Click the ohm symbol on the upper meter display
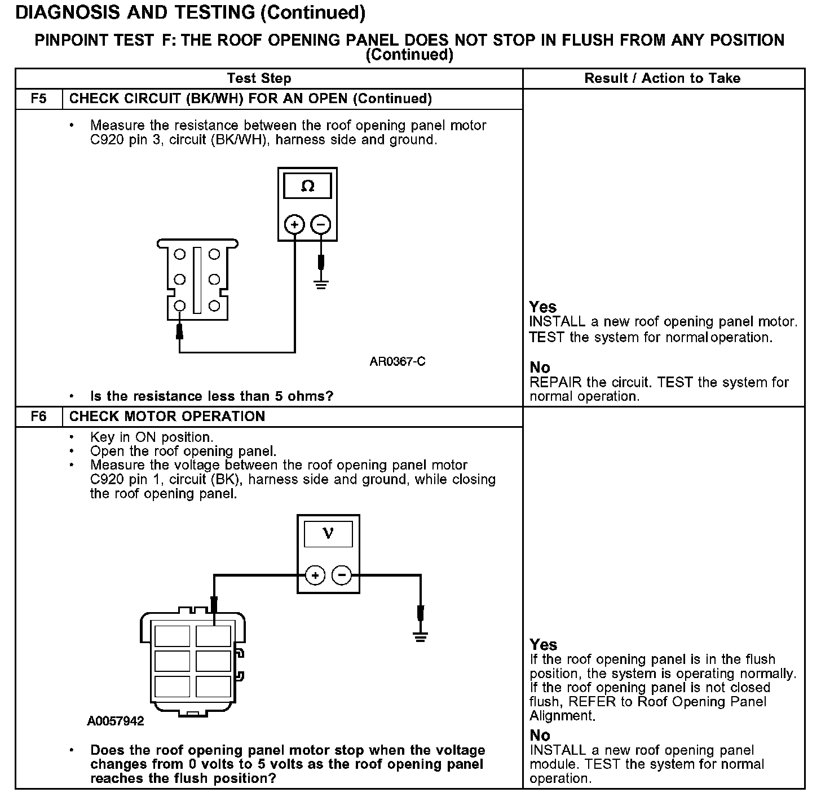coord(307,186)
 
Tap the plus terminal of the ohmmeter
coord(294,224)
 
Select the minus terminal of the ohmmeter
coord(321,224)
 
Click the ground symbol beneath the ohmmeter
coord(321,283)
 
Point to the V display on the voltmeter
coord(328,533)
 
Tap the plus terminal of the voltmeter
coord(315,575)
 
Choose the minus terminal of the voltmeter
coord(342,575)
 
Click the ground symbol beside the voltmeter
coord(420,637)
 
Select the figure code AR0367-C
coord(398,361)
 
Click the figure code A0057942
coord(116,721)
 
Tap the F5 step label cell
coord(38,99)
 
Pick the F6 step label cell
coord(38,417)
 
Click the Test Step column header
coord(259,78)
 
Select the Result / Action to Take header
coord(663,78)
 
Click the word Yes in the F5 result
coord(543,307)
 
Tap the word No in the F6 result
coord(540,735)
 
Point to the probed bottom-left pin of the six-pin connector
coord(179,306)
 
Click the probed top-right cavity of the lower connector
coord(213,636)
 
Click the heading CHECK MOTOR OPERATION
coord(167,417)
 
